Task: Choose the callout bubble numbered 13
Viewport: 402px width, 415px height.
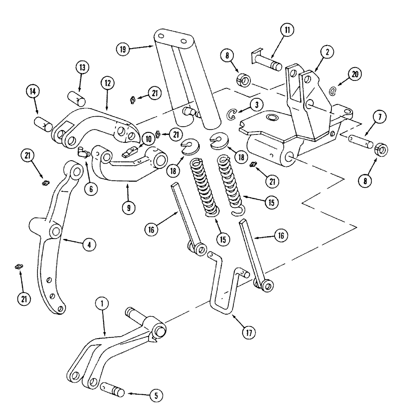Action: pos(82,68)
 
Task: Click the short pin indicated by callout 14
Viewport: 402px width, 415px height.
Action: pos(42,124)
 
